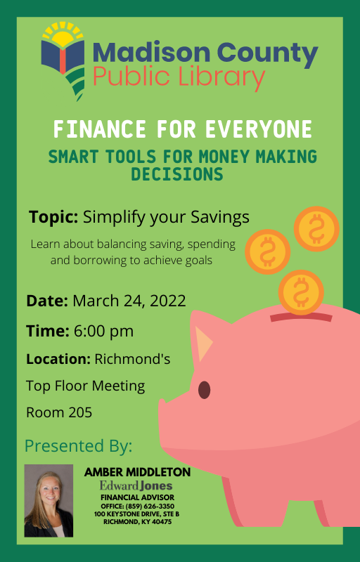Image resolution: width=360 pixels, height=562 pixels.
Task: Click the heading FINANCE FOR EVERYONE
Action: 182,130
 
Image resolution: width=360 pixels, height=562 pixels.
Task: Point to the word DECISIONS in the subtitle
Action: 182,174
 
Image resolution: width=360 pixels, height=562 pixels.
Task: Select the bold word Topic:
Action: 53,217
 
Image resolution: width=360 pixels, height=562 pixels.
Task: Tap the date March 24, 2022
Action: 129,301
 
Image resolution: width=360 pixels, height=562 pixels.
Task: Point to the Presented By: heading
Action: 78,445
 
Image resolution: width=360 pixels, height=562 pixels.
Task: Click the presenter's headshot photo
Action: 49,500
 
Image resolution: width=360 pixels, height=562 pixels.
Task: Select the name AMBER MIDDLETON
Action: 137,472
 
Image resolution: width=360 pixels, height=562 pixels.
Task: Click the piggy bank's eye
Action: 204,390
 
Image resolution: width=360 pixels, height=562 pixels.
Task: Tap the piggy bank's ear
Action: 203,342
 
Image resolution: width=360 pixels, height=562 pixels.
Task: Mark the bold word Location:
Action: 58,359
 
